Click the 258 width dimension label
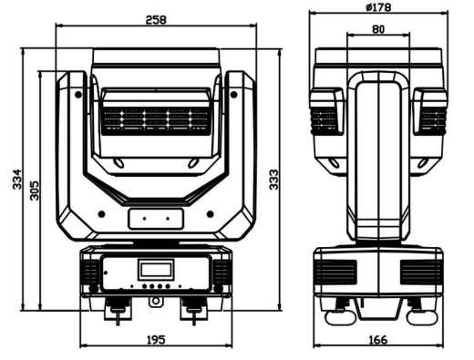pyautogui.click(x=156, y=20)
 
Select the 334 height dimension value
pyautogui.click(x=17, y=180)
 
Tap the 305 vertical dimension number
pyautogui.click(x=35, y=190)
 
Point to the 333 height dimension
pyautogui.click(x=273, y=180)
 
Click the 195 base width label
pyautogui.click(x=156, y=339)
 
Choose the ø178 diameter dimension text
pyautogui.click(x=378, y=7)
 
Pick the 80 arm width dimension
pyautogui.click(x=378, y=29)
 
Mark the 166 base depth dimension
pyautogui.click(x=378, y=339)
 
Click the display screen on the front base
pyautogui.click(x=155, y=270)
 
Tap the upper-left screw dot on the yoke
pyautogui.click(x=78, y=95)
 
